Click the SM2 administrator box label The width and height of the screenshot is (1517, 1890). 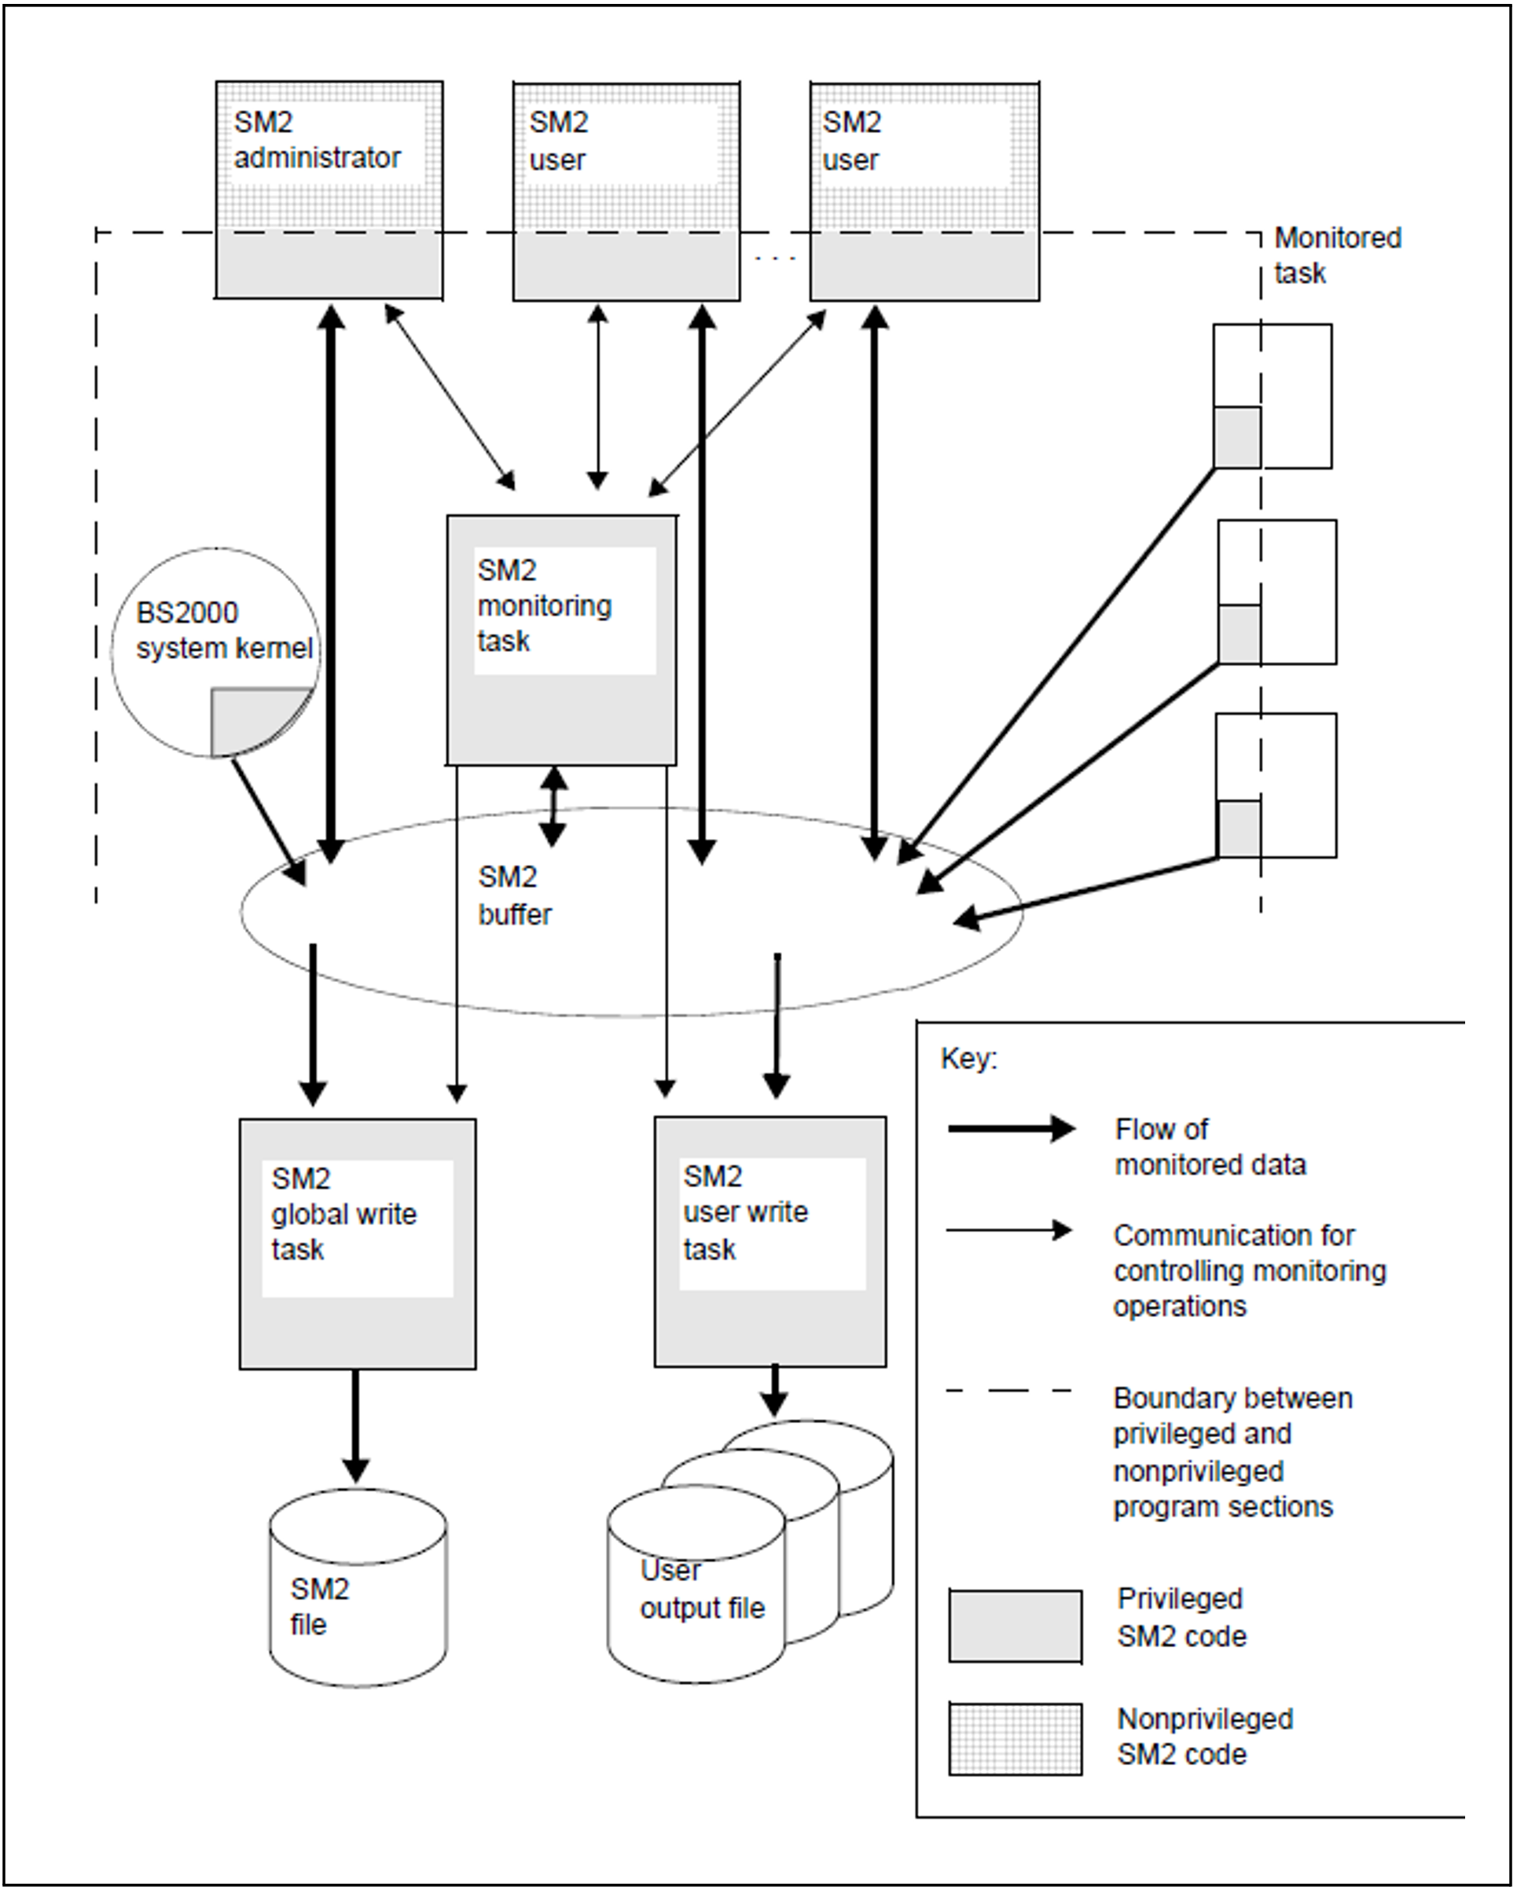(317, 140)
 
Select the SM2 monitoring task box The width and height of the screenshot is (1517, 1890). (561, 640)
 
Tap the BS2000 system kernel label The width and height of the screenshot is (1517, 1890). (223, 631)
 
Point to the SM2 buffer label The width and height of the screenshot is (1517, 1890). (514, 895)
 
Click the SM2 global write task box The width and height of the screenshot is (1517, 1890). (358, 1243)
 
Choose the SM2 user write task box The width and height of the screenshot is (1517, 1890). (770, 1241)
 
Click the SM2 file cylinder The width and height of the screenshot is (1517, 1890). (358, 1587)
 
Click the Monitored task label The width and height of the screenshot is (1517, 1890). (1337, 255)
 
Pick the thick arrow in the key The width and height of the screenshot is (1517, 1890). (1012, 1128)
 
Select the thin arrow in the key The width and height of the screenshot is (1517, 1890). (1008, 1230)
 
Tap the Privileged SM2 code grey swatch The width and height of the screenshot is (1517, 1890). (1015, 1626)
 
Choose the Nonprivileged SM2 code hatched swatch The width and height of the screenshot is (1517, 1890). (1015, 1739)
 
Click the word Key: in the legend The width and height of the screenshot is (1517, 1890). (968, 1059)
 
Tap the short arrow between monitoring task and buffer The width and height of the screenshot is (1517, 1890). (553, 807)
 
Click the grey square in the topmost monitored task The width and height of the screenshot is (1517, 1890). (1237, 436)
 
